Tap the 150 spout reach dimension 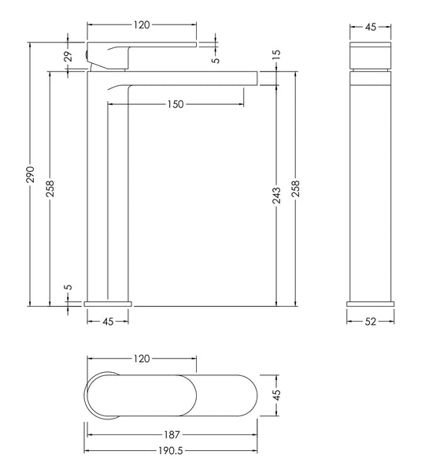tap(176, 105)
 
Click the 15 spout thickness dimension tap(276, 55)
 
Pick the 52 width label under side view tap(371, 321)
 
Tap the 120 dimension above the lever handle tap(141, 25)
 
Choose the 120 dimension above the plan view tap(141, 359)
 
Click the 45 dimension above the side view tap(371, 26)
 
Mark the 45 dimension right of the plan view tap(277, 393)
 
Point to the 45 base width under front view tap(107, 321)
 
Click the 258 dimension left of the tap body tap(50, 186)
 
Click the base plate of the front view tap tap(107, 302)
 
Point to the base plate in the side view tap(371, 303)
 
